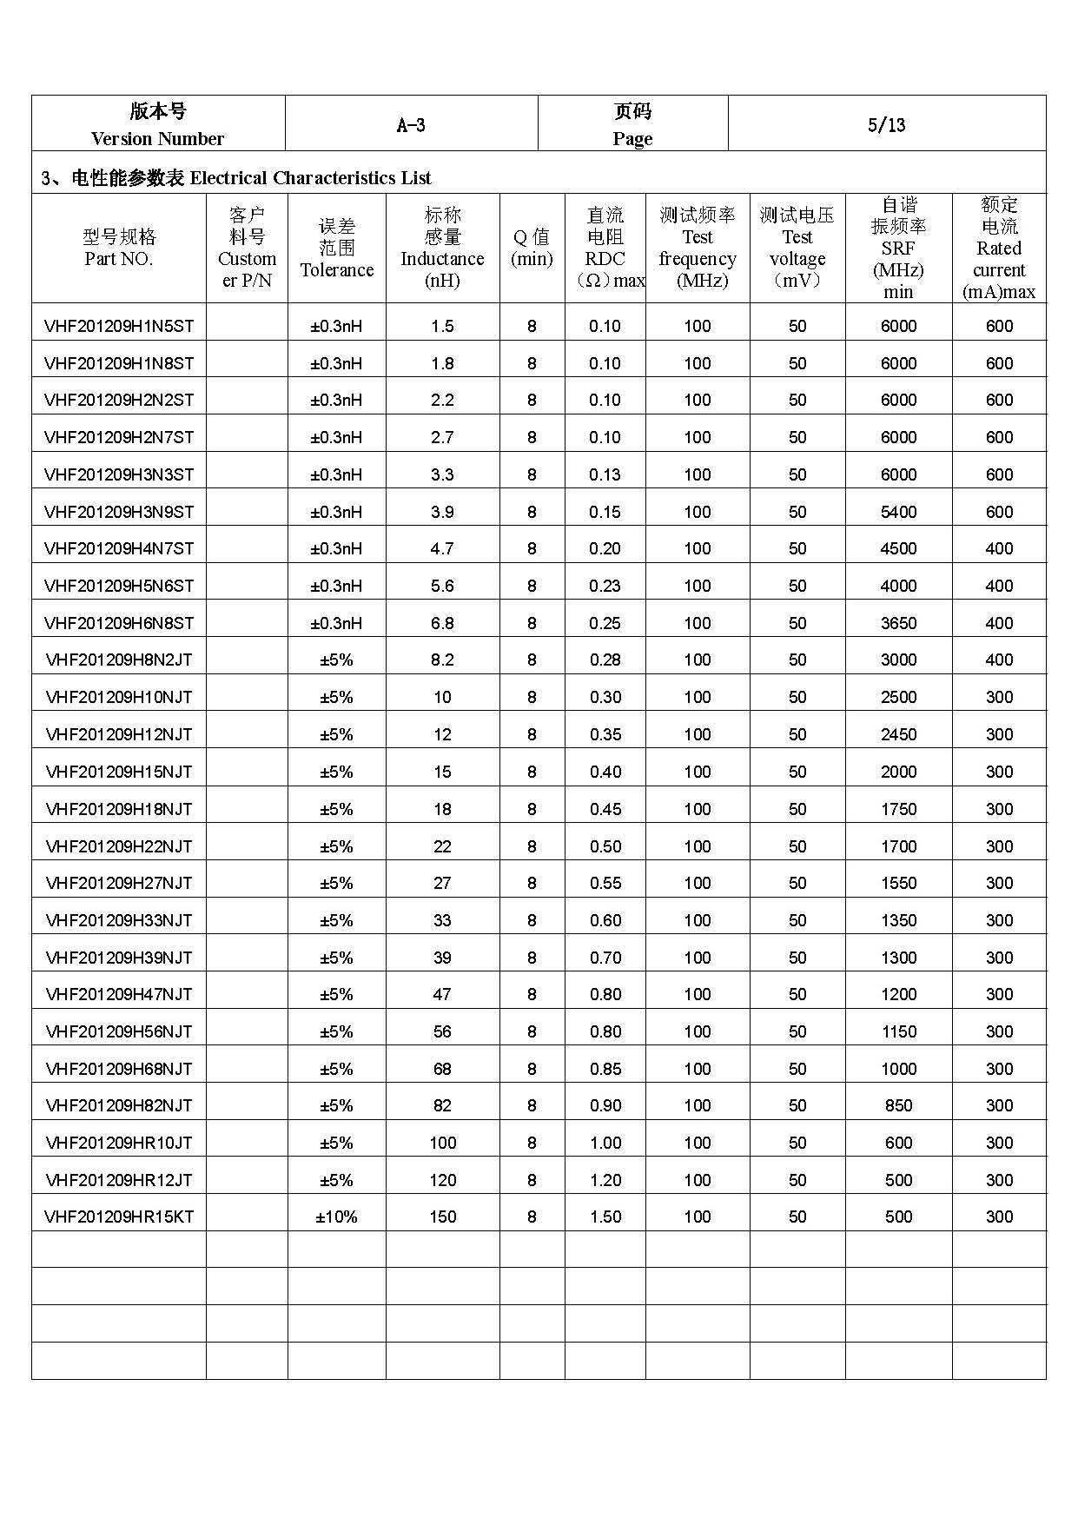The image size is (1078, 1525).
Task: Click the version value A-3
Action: pos(411,125)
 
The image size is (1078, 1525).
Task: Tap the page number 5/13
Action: pos(886,125)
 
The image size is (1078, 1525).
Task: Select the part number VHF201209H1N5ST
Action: pos(119,326)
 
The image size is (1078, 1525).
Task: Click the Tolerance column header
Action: pos(337,249)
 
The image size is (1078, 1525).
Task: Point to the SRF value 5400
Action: pos(898,512)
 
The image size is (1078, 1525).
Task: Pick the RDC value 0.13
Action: pos(605,474)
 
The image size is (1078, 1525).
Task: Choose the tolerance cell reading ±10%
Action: pos(337,1217)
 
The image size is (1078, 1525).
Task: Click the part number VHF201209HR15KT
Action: pos(119,1217)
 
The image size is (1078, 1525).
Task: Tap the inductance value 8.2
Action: pos(442,660)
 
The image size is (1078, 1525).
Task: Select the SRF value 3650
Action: pos(898,623)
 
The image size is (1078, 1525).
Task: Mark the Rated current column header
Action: pos(999,249)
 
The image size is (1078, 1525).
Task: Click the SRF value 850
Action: pos(898,1105)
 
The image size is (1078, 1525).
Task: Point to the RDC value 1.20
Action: pos(605,1180)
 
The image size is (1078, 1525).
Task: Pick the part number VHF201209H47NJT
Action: pos(119,994)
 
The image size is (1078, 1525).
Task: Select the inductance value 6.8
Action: pos(442,623)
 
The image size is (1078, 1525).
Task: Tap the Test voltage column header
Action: pos(797,249)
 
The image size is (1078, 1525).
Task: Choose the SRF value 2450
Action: pos(898,734)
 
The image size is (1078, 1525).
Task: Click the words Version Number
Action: pos(157,139)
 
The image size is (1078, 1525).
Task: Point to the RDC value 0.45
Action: pos(605,809)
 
